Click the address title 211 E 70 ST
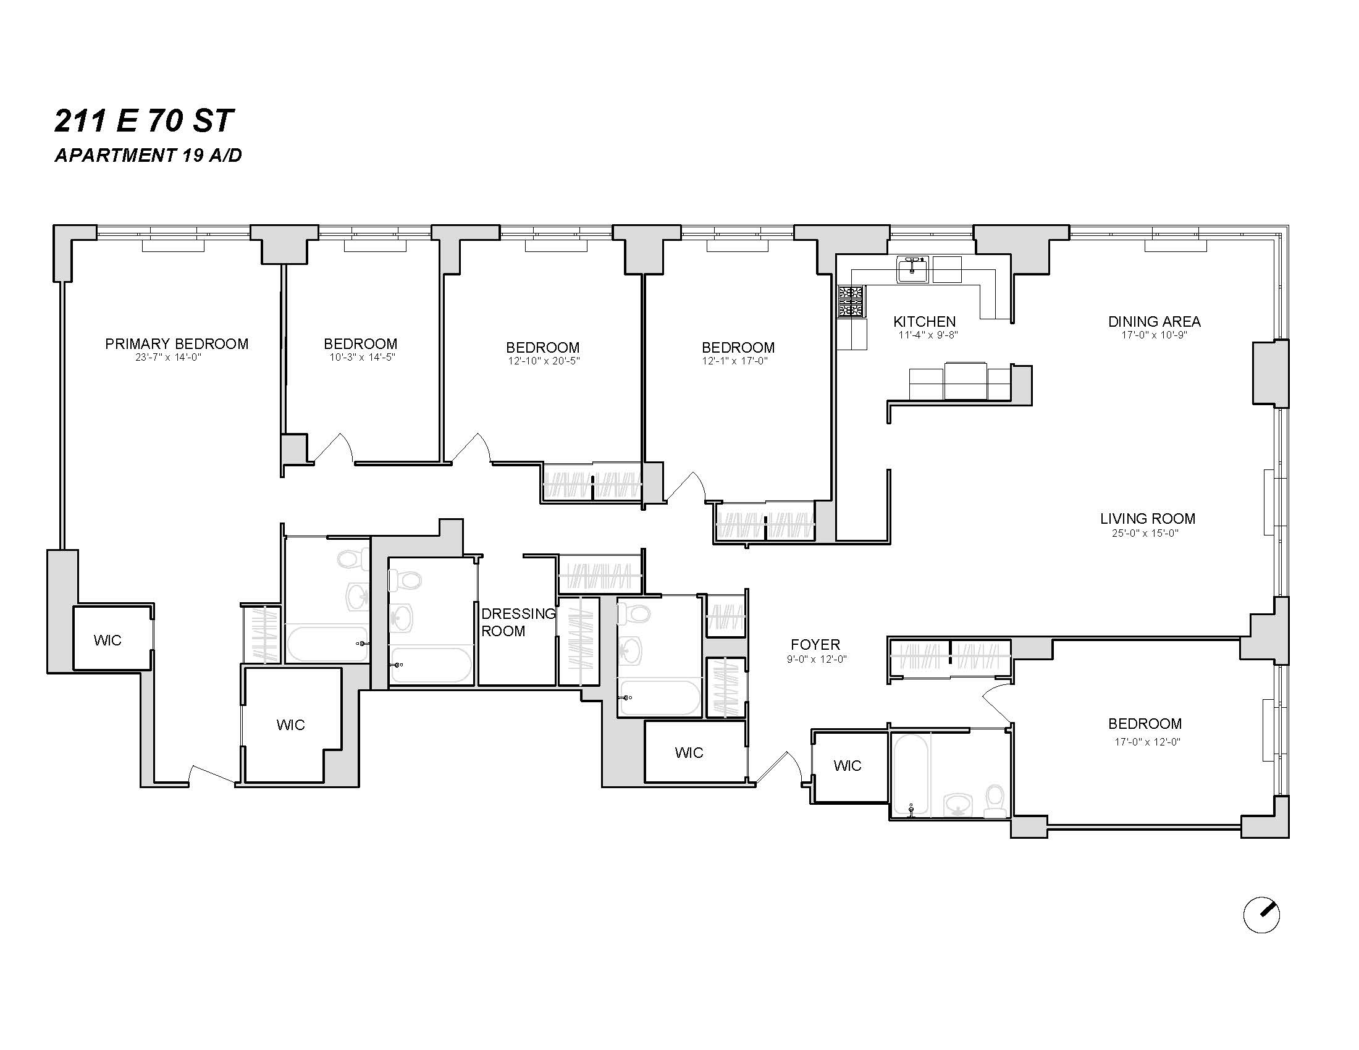144,121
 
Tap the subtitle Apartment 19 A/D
148,156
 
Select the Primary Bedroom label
177,344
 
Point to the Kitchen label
924,322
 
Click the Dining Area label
1155,322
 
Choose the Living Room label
1148,519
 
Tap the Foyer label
815,644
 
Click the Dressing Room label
518,622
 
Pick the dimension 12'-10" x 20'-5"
543,361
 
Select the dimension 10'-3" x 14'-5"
362,357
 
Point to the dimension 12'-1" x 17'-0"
735,361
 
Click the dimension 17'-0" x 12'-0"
1148,741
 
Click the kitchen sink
912,269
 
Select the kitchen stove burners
851,301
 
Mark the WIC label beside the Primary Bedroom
107,640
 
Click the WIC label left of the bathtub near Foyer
847,766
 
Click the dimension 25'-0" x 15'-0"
1145,533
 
